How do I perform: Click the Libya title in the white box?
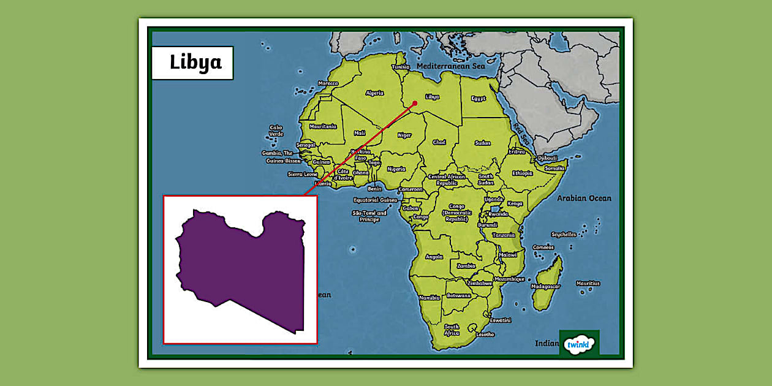tap(195, 62)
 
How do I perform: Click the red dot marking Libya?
tap(415, 103)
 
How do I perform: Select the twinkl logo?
tap(579, 344)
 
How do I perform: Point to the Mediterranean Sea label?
tap(450, 66)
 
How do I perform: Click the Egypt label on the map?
tap(479, 98)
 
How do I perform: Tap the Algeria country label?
tap(374, 93)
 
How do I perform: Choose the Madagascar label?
tap(545, 286)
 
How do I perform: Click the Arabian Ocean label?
tap(583, 198)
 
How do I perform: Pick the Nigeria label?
tap(396, 168)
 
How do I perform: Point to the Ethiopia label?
tap(523, 173)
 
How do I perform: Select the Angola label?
tap(434, 257)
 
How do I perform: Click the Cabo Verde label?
tap(276, 131)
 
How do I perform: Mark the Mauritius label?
tap(588, 283)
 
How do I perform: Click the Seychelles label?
tap(564, 234)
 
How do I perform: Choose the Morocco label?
tap(328, 83)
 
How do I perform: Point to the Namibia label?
tap(430, 297)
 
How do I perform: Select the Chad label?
tap(439, 142)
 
